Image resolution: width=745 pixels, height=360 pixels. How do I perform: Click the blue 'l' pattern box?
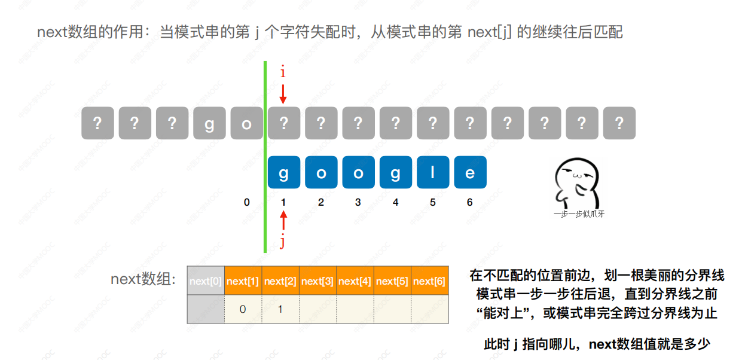tap(433, 172)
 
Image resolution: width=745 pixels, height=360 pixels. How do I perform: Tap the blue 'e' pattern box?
tap(470, 172)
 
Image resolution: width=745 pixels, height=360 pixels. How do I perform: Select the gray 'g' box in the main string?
tap(209, 123)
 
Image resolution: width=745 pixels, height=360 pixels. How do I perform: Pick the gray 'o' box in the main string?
tap(246, 123)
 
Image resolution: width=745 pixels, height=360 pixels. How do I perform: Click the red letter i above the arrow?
tap(283, 71)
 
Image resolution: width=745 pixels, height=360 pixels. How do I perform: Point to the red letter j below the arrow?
tap(283, 241)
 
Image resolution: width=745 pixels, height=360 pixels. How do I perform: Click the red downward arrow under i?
tap(283, 94)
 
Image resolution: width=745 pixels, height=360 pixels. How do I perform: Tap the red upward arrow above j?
tap(283, 221)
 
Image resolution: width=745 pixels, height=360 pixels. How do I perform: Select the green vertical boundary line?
tap(265, 157)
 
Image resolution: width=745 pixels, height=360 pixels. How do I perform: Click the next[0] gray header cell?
tap(206, 280)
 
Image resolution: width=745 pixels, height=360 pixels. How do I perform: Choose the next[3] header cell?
tap(317, 280)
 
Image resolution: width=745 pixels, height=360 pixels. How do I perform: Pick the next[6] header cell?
tap(429, 280)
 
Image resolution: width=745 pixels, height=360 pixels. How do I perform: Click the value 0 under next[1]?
tap(243, 309)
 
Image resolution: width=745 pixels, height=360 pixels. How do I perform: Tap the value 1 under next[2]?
tap(280, 309)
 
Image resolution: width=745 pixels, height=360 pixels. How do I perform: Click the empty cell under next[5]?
tap(392, 309)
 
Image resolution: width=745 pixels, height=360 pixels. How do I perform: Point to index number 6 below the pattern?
tap(469, 202)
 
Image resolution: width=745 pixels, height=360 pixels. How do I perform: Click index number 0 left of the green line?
tap(246, 202)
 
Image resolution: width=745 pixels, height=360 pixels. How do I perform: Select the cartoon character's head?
tap(577, 175)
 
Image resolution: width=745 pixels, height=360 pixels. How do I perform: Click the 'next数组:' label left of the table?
tap(143, 279)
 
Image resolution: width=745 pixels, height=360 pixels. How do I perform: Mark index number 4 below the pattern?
tap(395, 202)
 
